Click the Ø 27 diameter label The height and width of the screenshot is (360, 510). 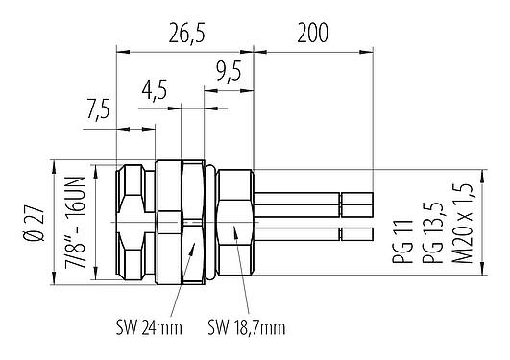point(33,223)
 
